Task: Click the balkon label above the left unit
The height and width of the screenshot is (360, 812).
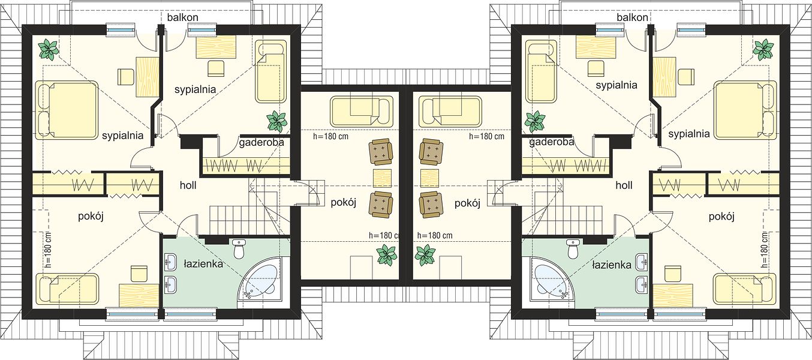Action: click(x=182, y=17)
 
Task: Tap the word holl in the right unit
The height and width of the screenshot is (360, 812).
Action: click(x=624, y=185)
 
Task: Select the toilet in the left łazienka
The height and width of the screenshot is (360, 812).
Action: click(x=239, y=248)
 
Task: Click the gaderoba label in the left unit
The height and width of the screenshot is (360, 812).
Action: click(x=261, y=142)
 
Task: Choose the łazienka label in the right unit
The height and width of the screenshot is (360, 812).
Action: click(x=612, y=265)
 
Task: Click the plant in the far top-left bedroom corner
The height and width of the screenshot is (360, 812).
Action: click(x=49, y=50)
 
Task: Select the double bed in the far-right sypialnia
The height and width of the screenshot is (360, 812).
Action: click(x=745, y=110)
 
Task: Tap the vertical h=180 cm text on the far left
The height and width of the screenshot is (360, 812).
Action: click(x=49, y=250)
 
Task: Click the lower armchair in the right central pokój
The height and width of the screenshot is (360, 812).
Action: click(x=431, y=205)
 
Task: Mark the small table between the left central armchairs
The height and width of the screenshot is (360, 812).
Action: click(x=382, y=178)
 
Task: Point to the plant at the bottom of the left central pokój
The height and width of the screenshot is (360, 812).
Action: click(x=386, y=255)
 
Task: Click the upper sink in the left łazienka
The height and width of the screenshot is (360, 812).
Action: click(x=170, y=262)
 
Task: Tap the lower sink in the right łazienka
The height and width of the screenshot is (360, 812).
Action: click(x=642, y=285)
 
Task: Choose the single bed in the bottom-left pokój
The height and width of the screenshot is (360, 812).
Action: click(x=67, y=289)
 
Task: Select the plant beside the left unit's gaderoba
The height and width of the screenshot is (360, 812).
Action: click(x=277, y=121)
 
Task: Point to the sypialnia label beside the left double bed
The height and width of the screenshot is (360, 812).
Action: click(x=122, y=136)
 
